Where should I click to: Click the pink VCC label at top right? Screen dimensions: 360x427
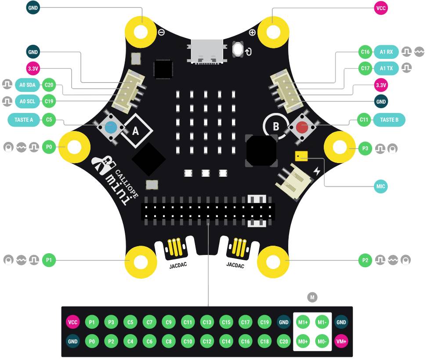point(381,7)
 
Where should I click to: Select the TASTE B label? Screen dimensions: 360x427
point(389,119)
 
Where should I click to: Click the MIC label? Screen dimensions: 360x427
point(381,186)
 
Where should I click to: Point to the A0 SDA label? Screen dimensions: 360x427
point(28,84)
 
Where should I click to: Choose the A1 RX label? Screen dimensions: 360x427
point(387,52)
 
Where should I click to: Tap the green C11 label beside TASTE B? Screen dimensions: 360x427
point(364,119)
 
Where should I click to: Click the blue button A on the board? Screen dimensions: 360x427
point(111,128)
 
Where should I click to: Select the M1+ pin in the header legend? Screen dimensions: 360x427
point(303,322)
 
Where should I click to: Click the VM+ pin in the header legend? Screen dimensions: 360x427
point(341,341)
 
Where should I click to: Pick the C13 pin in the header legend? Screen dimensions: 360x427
point(207,322)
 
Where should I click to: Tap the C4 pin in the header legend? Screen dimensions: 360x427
point(130,341)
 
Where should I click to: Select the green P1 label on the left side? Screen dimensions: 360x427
point(49,260)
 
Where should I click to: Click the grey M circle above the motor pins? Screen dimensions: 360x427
point(312,298)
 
